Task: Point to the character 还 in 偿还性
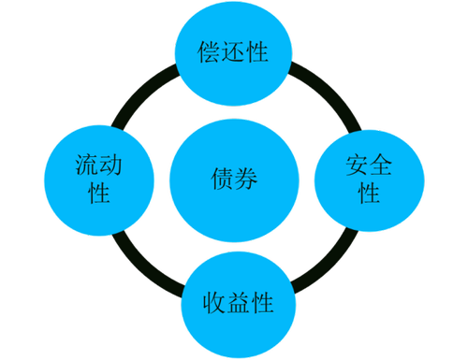tap(234, 52)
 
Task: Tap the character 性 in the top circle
tap(257, 52)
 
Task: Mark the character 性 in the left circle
tap(99, 194)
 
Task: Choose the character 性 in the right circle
tap(369, 194)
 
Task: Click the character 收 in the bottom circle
tap(214, 302)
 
